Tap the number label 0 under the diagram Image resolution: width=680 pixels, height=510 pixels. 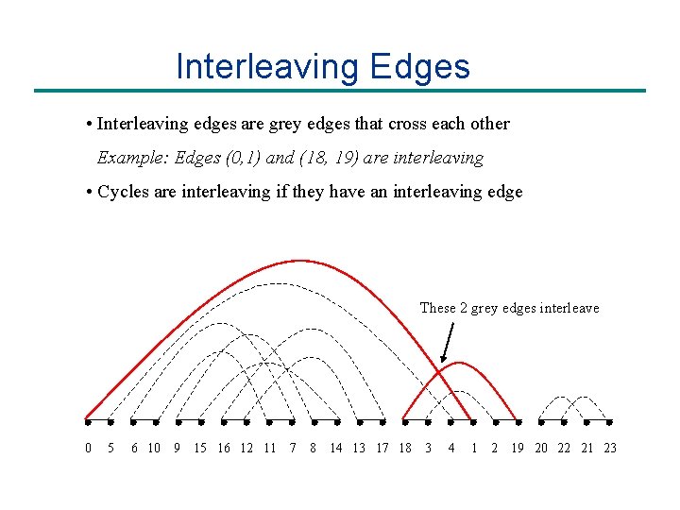click(89, 448)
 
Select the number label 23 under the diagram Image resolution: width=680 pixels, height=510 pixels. click(610, 448)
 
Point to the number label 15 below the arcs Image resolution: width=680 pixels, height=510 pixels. click(200, 448)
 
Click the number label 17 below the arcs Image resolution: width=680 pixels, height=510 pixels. click(382, 448)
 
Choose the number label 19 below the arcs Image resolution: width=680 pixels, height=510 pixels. click(518, 448)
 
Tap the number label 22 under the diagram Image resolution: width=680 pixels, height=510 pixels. click(564, 448)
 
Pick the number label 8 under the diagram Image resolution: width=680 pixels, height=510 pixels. click(313, 448)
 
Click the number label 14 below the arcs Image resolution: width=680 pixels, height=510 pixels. click(336, 448)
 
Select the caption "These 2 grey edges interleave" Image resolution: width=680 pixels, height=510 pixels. click(509, 308)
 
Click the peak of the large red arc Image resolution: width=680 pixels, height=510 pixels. click(299, 261)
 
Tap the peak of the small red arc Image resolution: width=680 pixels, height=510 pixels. click(460, 363)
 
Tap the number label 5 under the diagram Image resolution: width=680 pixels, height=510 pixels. click(111, 448)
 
